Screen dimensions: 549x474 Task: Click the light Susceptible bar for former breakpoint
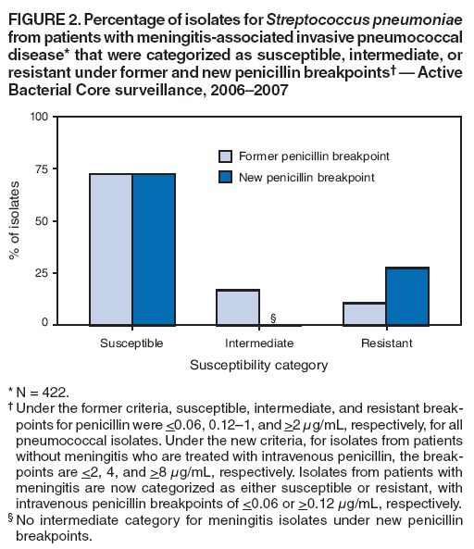(111, 249)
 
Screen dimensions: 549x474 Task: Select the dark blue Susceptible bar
(154, 249)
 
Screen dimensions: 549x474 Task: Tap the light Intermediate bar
(238, 307)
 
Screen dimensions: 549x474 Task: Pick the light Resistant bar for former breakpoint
(365, 314)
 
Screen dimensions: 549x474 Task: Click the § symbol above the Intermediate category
(273, 318)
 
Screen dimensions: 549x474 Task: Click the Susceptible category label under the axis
(132, 343)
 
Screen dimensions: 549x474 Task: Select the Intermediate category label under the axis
(259, 343)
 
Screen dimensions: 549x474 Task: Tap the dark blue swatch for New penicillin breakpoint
(225, 177)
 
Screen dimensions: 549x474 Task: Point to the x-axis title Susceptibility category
(259, 365)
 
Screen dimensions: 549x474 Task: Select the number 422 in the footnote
(44, 392)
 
